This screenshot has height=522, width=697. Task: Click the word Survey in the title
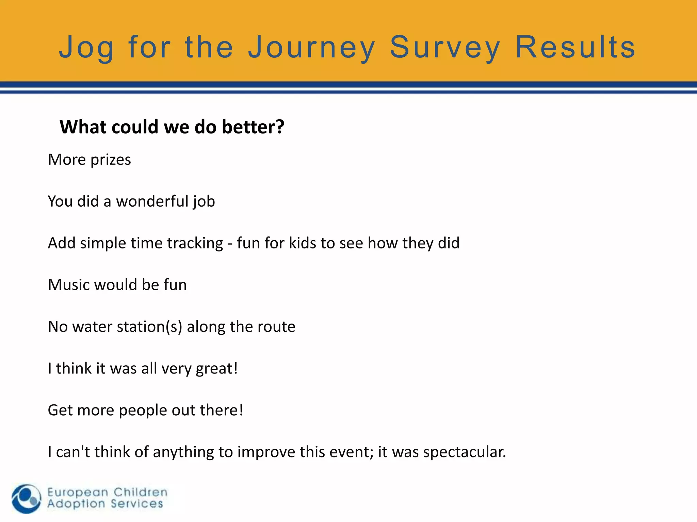pos(445,48)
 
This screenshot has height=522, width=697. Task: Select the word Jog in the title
pos(86,48)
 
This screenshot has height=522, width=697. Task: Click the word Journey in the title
pos(311,48)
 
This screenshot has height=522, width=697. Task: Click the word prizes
pos(111,160)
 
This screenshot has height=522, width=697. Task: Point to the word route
pos(276,327)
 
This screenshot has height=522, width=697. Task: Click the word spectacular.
pos(465,452)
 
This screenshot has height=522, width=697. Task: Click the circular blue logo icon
pos(26,498)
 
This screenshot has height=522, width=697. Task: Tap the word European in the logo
pos(78,492)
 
